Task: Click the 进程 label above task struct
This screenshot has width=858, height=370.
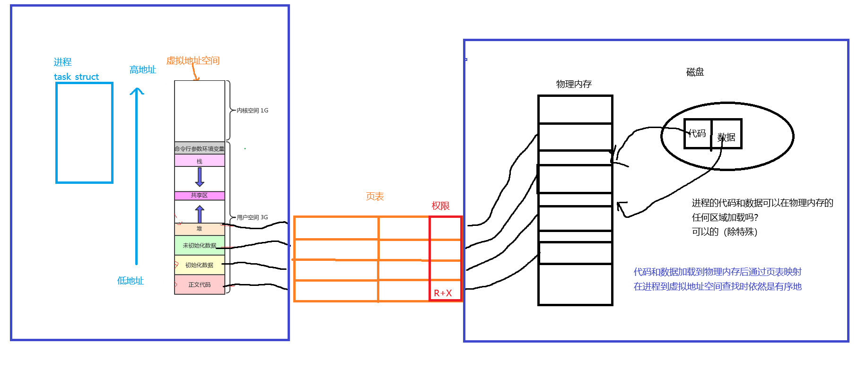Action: (x=62, y=62)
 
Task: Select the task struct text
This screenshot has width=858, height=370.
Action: (x=76, y=77)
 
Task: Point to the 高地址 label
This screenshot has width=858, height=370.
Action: (x=142, y=69)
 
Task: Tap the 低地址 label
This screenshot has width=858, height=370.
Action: (x=130, y=281)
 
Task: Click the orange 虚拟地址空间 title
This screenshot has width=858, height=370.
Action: (x=193, y=60)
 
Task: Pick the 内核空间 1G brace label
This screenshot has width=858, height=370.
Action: (x=252, y=111)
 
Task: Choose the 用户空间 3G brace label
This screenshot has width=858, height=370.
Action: (x=252, y=217)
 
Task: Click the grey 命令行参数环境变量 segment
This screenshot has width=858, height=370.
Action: (x=199, y=148)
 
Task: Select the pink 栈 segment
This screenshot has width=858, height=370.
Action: (x=199, y=161)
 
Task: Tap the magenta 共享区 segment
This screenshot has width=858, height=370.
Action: (x=199, y=195)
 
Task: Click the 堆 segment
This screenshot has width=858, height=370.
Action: (x=199, y=229)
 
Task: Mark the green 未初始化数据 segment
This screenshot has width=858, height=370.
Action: (x=199, y=245)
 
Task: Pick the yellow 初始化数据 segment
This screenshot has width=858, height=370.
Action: (x=199, y=265)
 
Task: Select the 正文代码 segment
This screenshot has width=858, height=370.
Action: (x=199, y=284)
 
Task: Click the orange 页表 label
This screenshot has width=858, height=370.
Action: (x=375, y=196)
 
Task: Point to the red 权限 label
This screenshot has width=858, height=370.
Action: (x=440, y=206)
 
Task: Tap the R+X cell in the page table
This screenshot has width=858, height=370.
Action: (x=443, y=293)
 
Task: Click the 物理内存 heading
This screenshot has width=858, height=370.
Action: (x=574, y=84)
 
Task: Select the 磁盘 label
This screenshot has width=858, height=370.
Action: (x=695, y=72)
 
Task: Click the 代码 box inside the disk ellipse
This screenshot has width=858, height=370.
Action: (x=698, y=134)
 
